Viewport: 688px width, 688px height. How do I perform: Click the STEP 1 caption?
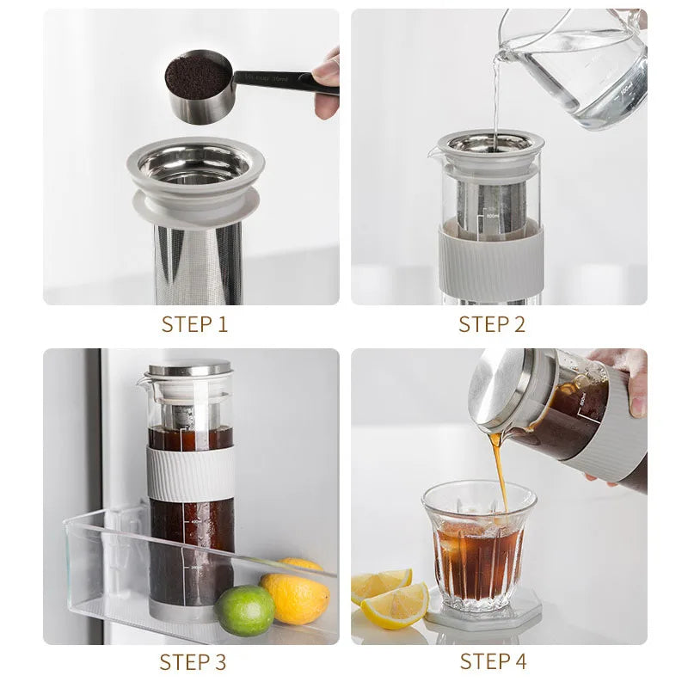194,324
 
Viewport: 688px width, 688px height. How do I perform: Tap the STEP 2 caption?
491,324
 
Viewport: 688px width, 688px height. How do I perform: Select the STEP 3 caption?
193,661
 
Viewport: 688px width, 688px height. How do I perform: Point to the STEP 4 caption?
493,661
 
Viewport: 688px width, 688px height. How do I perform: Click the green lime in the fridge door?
244,610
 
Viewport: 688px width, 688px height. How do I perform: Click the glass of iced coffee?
478,546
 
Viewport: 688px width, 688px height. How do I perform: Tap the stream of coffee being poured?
499,464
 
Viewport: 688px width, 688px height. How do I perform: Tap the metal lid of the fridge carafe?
190,368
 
